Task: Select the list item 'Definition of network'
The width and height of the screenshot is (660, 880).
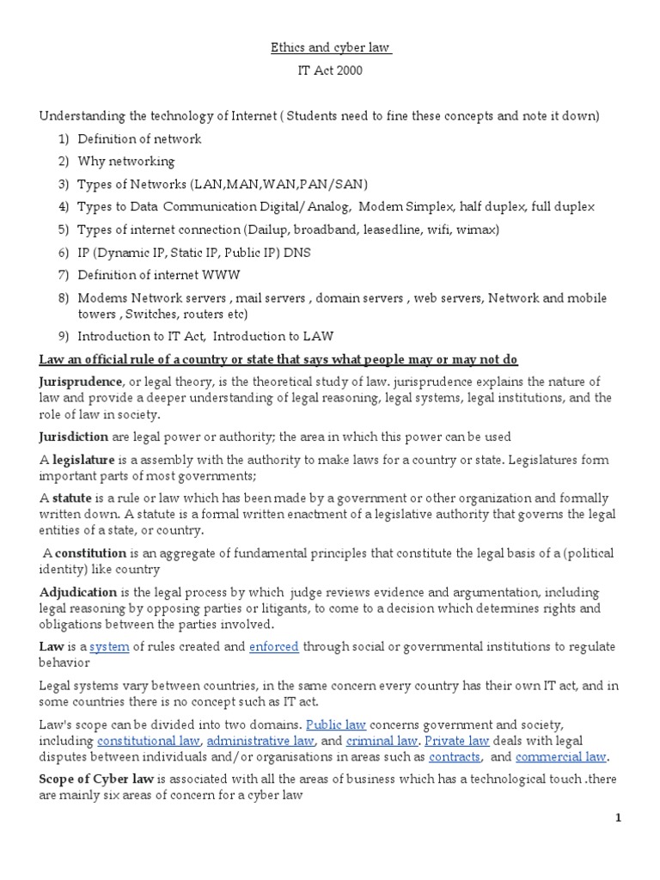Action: [x=139, y=139]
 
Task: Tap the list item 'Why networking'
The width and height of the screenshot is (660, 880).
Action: [x=125, y=162]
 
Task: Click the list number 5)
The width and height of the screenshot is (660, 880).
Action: [x=63, y=230]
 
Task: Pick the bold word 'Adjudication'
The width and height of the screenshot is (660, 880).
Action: [x=78, y=592]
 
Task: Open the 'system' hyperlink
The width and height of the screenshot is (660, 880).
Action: [x=109, y=646]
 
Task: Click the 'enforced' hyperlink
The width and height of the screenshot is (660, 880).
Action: [x=273, y=646]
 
